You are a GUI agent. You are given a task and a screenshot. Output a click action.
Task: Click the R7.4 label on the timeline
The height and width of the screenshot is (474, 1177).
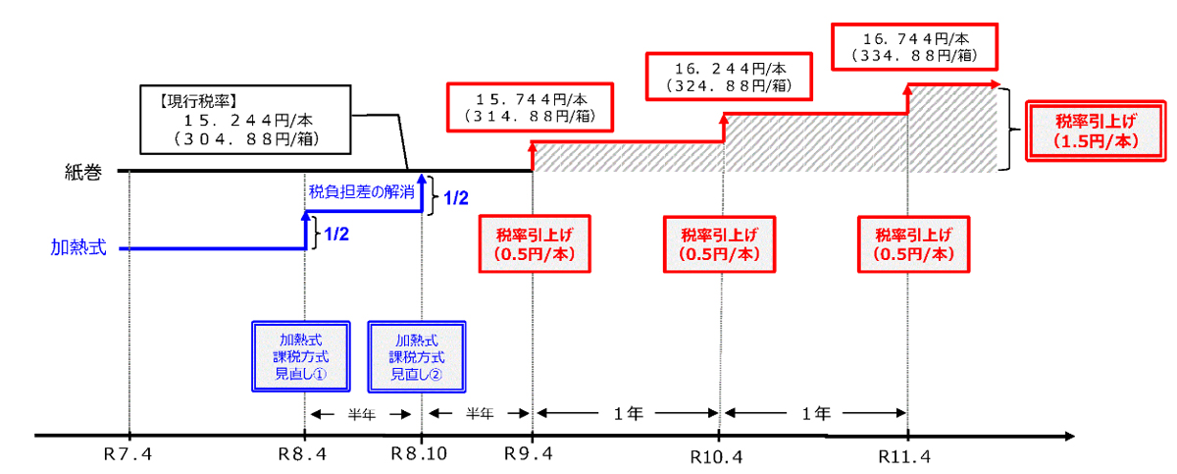(128, 456)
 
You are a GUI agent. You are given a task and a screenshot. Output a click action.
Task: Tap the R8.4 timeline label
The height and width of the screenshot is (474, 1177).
(305, 456)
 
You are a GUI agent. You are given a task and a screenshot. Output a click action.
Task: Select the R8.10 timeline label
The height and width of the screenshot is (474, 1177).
(419, 456)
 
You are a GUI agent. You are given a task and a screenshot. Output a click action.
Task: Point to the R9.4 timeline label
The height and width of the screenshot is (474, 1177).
(531, 456)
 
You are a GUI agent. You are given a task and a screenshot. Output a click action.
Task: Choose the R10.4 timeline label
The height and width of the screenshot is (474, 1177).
(719, 457)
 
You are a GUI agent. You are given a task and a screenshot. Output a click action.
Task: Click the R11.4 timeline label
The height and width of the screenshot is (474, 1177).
(907, 457)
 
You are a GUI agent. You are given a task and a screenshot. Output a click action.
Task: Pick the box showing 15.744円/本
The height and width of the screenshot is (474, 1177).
(532, 107)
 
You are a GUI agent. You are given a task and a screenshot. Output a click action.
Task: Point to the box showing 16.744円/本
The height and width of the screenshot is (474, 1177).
(915, 46)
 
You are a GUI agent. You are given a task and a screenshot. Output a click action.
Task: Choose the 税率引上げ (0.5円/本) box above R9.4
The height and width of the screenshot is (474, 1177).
(534, 243)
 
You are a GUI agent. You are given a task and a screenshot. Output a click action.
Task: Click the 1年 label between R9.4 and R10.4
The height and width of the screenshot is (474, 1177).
(626, 412)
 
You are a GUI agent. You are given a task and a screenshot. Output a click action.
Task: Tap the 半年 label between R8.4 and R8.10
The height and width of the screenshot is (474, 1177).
(363, 413)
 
